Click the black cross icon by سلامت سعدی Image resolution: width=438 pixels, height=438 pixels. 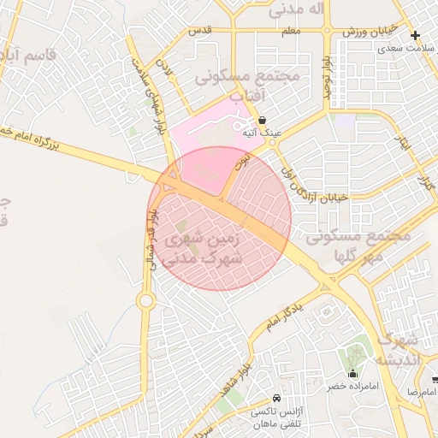(416, 35)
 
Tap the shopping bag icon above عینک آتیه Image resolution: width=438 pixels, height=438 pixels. (261, 120)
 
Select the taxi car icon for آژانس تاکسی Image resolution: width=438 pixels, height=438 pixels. (276, 399)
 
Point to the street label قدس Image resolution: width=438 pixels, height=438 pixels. (199, 30)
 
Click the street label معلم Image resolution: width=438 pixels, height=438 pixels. (291, 31)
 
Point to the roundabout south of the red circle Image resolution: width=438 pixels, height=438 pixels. (145, 300)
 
